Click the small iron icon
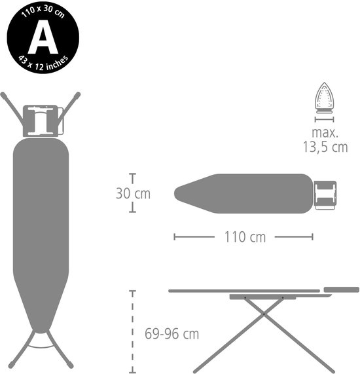(x=325, y=98)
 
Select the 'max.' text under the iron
(x=325, y=134)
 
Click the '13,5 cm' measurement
(x=325, y=148)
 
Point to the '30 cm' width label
(x=132, y=194)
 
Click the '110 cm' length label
(x=243, y=237)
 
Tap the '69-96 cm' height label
(x=171, y=334)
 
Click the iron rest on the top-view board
(x=325, y=195)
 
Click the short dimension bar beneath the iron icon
(x=325, y=119)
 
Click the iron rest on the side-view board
(x=341, y=288)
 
